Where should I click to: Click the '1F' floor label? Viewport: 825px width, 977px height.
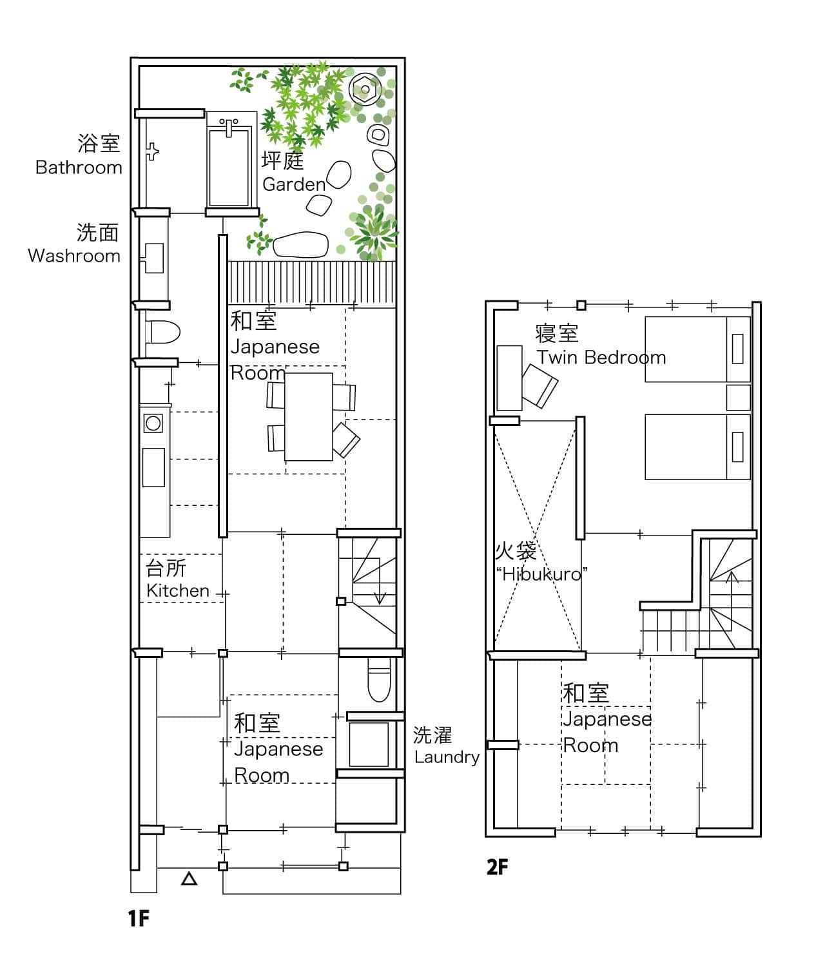pyautogui.click(x=139, y=918)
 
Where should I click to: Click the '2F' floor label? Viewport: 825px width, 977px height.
pyautogui.click(x=497, y=867)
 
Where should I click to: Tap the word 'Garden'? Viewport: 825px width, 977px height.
pyautogui.click(x=294, y=184)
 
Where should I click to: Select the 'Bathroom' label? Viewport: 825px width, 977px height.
pyautogui.click(x=79, y=168)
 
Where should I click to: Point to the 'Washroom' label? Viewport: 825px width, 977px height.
pyautogui.click(x=74, y=256)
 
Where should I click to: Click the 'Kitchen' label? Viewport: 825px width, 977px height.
pyautogui.click(x=178, y=590)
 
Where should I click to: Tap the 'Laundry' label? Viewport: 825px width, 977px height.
pyautogui.click(x=447, y=757)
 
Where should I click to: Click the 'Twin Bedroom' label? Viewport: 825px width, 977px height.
pyautogui.click(x=601, y=358)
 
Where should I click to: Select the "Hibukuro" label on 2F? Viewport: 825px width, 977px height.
pyautogui.click(x=541, y=574)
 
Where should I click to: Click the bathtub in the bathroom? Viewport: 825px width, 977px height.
pyautogui.click(x=229, y=162)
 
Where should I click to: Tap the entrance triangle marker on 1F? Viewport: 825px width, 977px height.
pyautogui.click(x=189, y=879)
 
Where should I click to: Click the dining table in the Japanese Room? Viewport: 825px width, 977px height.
pyautogui.click(x=309, y=416)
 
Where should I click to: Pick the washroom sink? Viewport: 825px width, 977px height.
pyautogui.click(x=153, y=258)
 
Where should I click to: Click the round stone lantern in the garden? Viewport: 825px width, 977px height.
pyautogui.click(x=365, y=89)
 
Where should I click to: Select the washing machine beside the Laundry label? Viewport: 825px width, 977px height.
pyautogui.click(x=369, y=744)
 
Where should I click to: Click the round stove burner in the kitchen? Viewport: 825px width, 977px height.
pyautogui.click(x=153, y=423)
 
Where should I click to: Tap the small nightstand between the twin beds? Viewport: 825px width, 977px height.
pyautogui.click(x=738, y=398)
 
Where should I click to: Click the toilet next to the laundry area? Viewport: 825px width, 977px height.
pyautogui.click(x=379, y=679)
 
